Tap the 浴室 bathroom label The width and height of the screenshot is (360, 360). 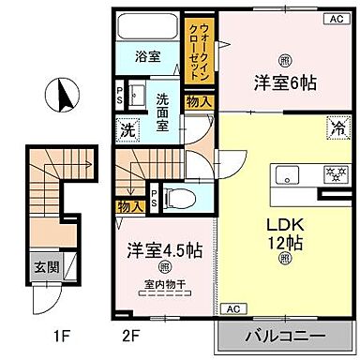point(147,55)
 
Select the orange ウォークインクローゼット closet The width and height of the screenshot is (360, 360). point(197,48)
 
